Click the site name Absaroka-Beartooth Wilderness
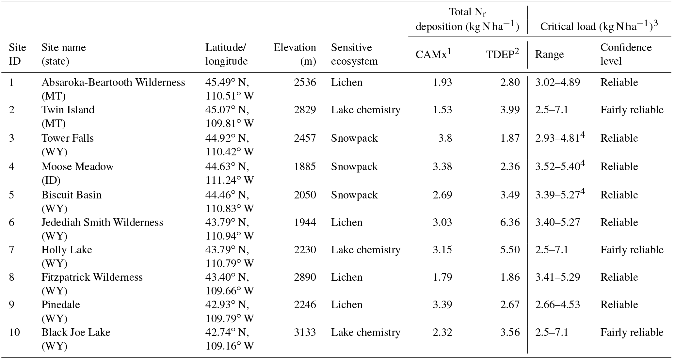point(113,82)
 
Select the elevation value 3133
point(305,332)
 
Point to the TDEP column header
point(503,54)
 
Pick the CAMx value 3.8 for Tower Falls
point(445,138)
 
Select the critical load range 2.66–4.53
point(557,305)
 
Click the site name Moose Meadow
point(77,167)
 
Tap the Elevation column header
point(295,54)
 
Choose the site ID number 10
point(14,332)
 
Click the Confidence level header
point(626,54)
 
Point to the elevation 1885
point(305,167)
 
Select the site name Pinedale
point(61,305)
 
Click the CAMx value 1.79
point(442,277)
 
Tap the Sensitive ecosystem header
point(354,54)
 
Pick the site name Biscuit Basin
point(72,195)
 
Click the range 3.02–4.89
point(557,82)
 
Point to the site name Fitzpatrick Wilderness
point(92,277)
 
